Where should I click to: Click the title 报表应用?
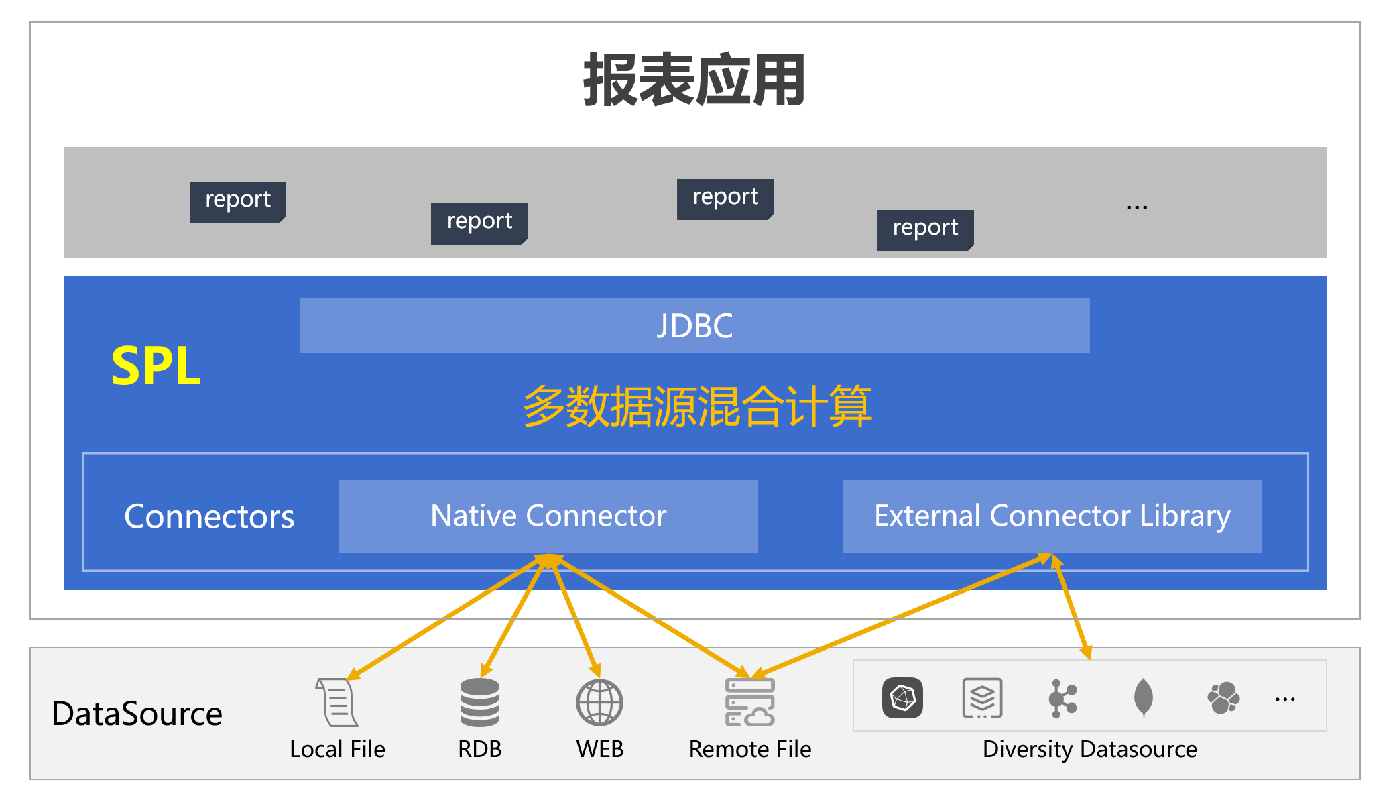(x=694, y=80)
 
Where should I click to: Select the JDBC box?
(x=694, y=326)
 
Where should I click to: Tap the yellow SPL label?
(x=156, y=366)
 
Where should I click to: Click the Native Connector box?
(x=548, y=516)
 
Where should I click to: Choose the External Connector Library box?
(x=1052, y=516)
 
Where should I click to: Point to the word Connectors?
(x=209, y=517)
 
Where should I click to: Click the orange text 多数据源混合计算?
(x=697, y=406)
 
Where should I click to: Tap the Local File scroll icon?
(x=337, y=702)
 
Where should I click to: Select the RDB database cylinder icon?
(x=479, y=702)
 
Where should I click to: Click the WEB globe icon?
(x=599, y=702)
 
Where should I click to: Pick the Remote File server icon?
(x=749, y=702)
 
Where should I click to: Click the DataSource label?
(x=137, y=714)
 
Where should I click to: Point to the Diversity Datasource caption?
(x=1089, y=749)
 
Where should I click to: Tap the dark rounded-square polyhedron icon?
(x=902, y=698)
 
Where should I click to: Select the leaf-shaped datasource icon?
(x=1143, y=697)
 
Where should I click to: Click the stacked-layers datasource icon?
(x=982, y=698)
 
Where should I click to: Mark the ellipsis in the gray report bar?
(x=1137, y=207)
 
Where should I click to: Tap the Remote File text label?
(x=749, y=749)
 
